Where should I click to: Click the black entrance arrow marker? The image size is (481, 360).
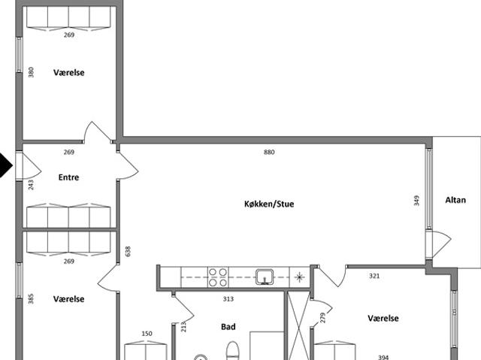pos(5,165)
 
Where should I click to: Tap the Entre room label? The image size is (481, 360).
pos(68,177)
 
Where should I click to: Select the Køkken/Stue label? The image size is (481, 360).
pos(269,204)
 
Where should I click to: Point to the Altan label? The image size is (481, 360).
pos(455,200)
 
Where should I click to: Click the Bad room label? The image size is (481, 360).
pos(228,327)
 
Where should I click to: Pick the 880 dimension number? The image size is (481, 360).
pos(269,152)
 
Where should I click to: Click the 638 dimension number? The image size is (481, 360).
pos(128,252)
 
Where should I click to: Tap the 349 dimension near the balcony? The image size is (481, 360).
pos(416,201)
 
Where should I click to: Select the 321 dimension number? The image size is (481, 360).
pos(374,276)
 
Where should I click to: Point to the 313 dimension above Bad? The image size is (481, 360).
pos(228,298)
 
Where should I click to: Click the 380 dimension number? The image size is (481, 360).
pos(31,72)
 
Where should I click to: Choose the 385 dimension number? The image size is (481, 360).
pos(31,299)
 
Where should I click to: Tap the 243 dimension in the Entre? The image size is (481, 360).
pos(31,185)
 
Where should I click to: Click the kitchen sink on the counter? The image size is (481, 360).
pos(265,277)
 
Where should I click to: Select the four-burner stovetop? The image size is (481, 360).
pos(218,277)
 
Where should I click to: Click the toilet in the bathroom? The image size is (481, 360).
pos(232,350)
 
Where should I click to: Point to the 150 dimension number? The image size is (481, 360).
pos(147,334)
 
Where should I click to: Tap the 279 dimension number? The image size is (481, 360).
pos(322,318)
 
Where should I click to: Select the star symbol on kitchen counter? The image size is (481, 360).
pos(299,277)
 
